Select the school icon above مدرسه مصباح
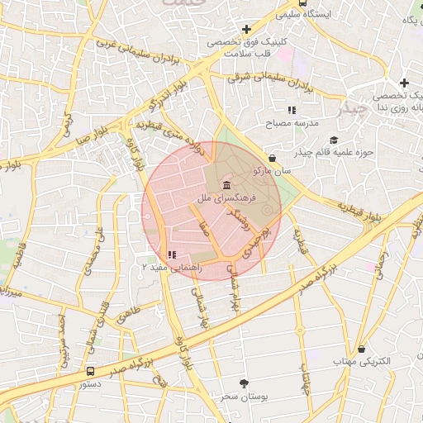point(291,110)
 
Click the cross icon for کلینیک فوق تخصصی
point(247,30)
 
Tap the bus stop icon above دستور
point(89,372)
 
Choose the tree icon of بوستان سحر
point(243,383)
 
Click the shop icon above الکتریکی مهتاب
point(362,350)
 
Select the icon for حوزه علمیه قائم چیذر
point(334,140)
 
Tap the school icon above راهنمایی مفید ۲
point(170,255)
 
